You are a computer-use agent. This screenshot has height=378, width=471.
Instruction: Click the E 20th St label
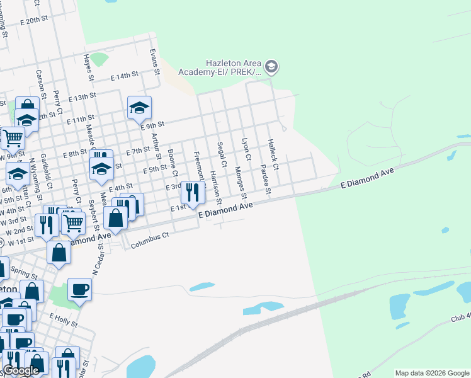click(x=51, y=20)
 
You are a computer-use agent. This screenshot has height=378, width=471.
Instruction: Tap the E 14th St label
click(x=124, y=76)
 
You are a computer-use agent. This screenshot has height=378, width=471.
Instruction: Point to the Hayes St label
click(x=89, y=67)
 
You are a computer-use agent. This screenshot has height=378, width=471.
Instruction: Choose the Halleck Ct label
click(x=273, y=149)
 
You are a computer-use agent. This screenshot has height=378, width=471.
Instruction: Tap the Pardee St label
click(x=265, y=180)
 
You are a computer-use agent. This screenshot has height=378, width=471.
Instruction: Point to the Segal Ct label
click(x=221, y=154)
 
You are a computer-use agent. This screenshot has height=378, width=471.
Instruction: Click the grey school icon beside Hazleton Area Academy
click(x=271, y=66)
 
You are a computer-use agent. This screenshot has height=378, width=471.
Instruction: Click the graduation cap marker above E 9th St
click(x=139, y=107)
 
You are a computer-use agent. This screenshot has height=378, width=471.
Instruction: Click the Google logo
click(x=20, y=370)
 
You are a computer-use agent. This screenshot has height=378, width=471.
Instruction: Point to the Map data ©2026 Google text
click(x=432, y=373)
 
